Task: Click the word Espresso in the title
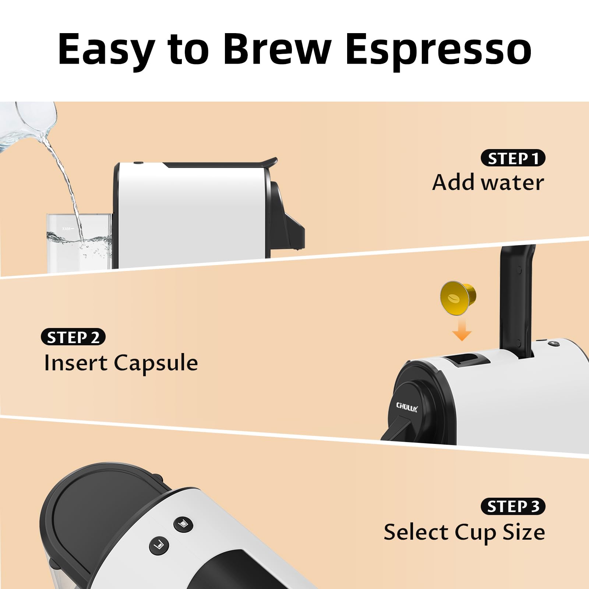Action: tap(438, 50)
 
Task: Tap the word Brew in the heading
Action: tap(277, 50)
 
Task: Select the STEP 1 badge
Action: tap(513, 158)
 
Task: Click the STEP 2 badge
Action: tap(73, 337)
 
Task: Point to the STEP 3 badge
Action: tap(513, 507)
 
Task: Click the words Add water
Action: tap(488, 183)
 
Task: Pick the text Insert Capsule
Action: tap(121, 363)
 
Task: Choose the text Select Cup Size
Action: tap(464, 532)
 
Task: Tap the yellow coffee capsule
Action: tap(458, 298)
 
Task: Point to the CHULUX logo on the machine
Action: tap(407, 407)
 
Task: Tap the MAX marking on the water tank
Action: tap(67, 229)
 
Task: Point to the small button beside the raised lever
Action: tap(553, 344)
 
